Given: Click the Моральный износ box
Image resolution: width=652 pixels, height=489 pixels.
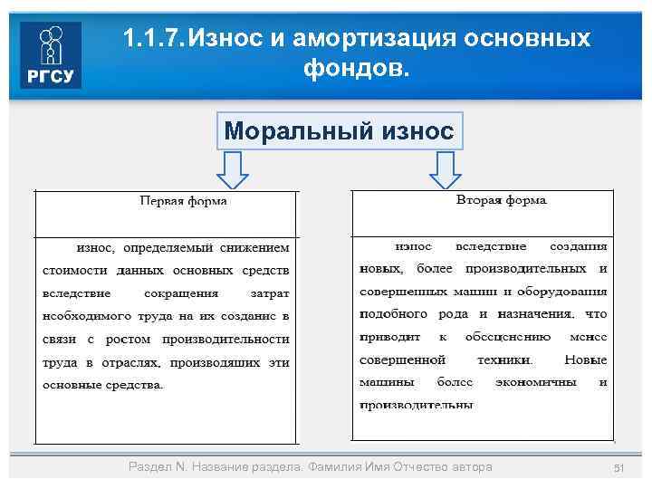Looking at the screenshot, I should click(x=339, y=131).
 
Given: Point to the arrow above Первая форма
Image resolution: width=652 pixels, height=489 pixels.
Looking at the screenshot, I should click(x=235, y=169).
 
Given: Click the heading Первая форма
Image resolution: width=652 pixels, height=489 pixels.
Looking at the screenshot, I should click(x=183, y=201).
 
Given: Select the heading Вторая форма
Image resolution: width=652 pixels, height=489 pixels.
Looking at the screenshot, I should click(x=501, y=199).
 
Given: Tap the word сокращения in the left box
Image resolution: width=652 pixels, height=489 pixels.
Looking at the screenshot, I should click(x=181, y=293).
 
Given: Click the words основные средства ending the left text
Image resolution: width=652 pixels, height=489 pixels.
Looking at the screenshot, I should click(x=103, y=384).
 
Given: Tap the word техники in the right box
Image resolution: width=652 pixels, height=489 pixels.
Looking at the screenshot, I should click(x=503, y=360).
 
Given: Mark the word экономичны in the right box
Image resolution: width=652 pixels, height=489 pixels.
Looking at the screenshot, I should click(x=536, y=382).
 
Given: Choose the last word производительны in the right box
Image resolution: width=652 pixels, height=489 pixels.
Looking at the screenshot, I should click(x=416, y=405).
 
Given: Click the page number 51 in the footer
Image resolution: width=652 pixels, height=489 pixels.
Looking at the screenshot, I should click(x=620, y=467).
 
